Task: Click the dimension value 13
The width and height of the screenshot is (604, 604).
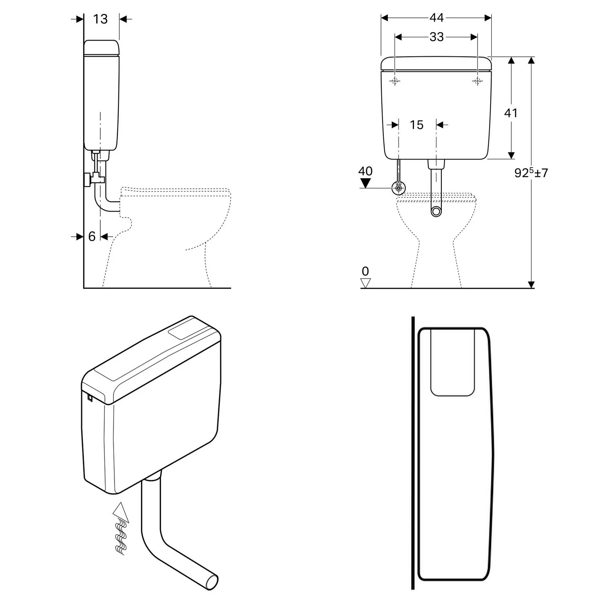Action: point(101,19)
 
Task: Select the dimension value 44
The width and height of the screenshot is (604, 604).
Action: point(436,18)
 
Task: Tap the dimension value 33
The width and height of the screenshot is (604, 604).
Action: point(436,37)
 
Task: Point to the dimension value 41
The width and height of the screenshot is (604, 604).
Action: point(511,113)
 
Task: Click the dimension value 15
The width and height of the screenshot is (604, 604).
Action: point(417,125)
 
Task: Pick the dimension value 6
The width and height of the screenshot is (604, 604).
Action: point(92,236)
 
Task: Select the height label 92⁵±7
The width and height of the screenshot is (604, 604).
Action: point(531,173)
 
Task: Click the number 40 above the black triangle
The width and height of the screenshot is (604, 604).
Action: point(365,171)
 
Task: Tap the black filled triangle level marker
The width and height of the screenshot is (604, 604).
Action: point(365,183)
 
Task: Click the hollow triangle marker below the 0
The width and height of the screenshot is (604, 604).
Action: point(365,283)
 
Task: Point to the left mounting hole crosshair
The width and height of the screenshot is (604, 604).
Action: point(395,81)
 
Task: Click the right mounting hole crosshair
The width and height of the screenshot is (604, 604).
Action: point(478,81)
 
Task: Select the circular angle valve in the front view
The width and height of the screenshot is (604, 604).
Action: point(399,188)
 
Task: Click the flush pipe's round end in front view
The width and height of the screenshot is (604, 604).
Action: point(436,211)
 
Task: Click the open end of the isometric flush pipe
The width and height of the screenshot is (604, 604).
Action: point(212,583)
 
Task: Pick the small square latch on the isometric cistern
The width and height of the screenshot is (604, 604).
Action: point(90,398)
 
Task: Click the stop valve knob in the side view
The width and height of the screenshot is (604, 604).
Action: point(87,180)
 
